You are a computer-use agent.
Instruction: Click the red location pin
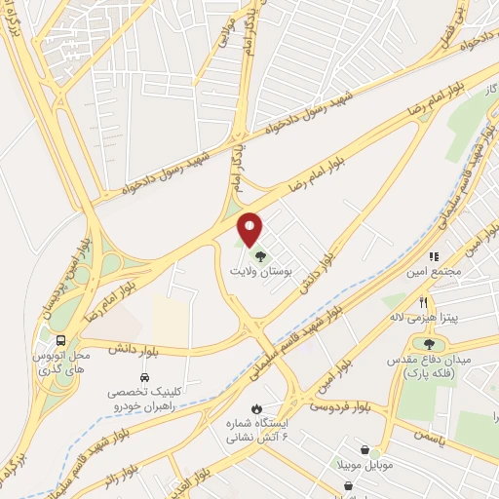pyautogui.click(x=250, y=228)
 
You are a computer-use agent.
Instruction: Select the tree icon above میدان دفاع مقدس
pyautogui.click(x=429, y=342)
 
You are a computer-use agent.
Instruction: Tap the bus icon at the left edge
pyautogui.click(x=62, y=340)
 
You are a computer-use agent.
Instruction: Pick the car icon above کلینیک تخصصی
pyautogui.click(x=143, y=375)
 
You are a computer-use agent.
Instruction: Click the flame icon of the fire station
pyautogui.click(x=256, y=408)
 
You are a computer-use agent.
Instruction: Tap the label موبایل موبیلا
pyautogui.click(x=366, y=466)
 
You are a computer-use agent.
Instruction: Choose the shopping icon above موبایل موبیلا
pyautogui.click(x=365, y=450)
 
